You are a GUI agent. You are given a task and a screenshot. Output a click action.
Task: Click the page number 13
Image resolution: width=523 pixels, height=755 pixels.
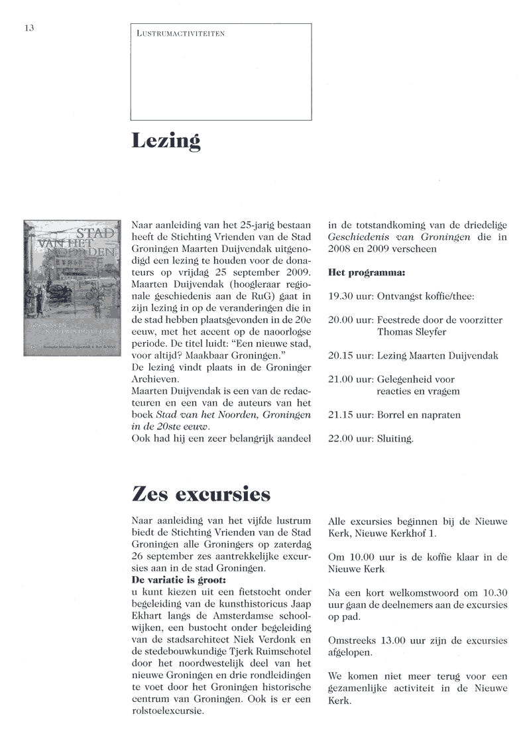coord(29,28)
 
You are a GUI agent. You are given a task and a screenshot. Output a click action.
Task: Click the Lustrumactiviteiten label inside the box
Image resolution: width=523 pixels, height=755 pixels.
coord(180,33)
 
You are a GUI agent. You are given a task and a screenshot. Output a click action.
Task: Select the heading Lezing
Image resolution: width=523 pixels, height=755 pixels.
coord(166,142)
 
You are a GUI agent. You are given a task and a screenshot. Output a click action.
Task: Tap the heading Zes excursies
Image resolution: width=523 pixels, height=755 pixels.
coord(201,494)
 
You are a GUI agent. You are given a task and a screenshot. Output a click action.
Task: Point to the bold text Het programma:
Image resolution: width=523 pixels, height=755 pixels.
coord(367,272)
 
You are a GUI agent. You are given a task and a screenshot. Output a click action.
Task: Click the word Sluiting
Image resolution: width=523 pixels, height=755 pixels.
coord(395,439)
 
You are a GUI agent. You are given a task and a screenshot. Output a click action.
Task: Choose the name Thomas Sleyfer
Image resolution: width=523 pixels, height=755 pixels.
coord(412,332)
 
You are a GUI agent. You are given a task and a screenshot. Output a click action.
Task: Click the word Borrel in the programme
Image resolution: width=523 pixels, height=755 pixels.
coord(394,415)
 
